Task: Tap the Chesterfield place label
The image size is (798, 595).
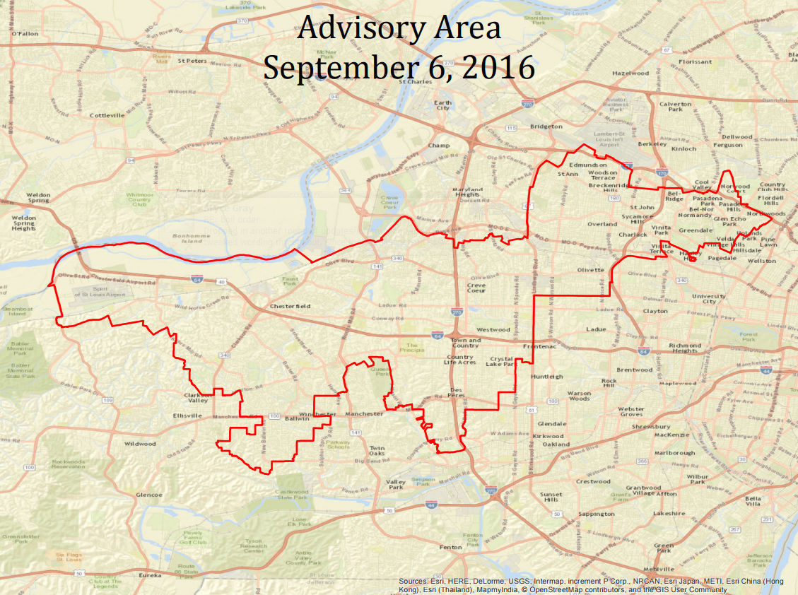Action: pyautogui.click(x=290, y=306)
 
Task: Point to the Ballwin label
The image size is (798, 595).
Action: pyautogui.click(x=298, y=419)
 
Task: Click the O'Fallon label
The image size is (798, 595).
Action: pyautogui.click(x=25, y=33)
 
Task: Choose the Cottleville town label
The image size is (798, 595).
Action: pyautogui.click(x=107, y=114)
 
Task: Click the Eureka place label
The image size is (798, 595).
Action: pyautogui.click(x=150, y=576)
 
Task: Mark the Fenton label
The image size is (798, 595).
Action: pyautogui.click(x=450, y=547)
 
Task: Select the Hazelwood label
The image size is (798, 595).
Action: pyautogui.click(x=630, y=73)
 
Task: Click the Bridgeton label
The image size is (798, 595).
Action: pyautogui.click(x=546, y=126)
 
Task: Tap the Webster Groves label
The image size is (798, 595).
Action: pyautogui.click(x=630, y=413)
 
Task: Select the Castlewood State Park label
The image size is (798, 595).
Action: pyautogui.click(x=293, y=494)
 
